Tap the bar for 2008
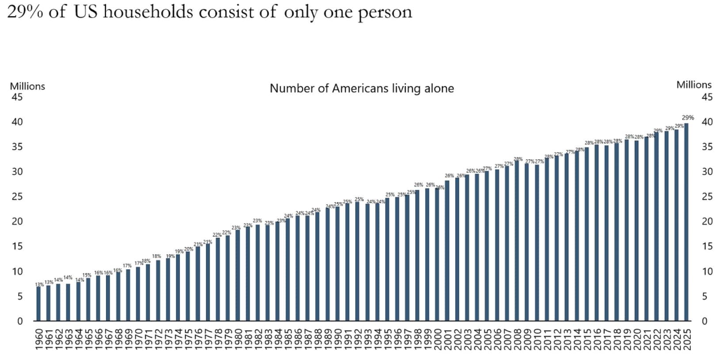coord(517,241)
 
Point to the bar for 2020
coord(636,230)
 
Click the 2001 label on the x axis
coord(447,339)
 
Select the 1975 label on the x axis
coord(188,339)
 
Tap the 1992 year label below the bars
coord(358,339)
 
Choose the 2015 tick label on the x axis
coord(587,339)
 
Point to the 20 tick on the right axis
coord(707,221)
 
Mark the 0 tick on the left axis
coord(19,321)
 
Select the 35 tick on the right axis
coord(707,146)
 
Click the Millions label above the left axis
coord(27,86)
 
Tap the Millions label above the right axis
coord(694,84)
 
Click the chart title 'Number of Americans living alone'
coord(362,88)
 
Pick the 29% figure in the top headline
coord(25,12)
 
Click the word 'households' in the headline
coord(148,12)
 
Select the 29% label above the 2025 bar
coord(688,118)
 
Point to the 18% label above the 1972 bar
coord(156,256)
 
